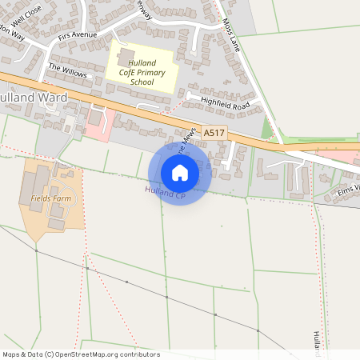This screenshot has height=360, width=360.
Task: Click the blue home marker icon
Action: [180, 172]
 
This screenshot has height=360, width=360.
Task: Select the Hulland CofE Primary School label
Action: [142, 72]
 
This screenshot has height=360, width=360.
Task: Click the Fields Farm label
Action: [48, 197]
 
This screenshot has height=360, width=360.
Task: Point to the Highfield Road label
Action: [225, 103]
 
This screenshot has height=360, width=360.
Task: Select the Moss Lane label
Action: [232, 36]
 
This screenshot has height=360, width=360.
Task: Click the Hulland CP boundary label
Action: [165, 192]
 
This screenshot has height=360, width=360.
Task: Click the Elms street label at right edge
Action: [350, 189]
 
